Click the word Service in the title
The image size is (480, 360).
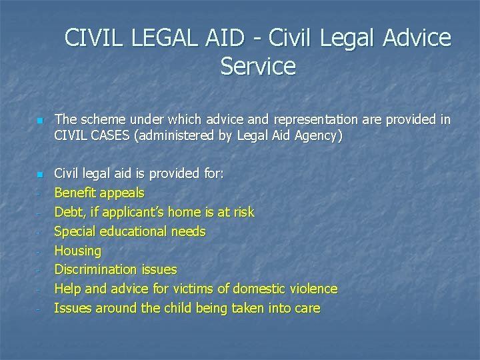point(257,67)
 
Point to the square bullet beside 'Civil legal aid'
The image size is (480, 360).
point(39,175)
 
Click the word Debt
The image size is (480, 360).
point(68,212)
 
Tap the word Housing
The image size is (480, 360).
point(77,251)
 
